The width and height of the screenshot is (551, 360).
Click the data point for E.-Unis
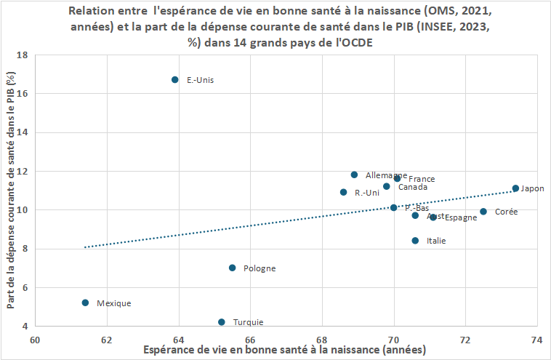click(x=175, y=79)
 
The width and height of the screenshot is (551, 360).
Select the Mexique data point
click(x=85, y=303)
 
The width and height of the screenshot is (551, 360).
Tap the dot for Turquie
click(x=222, y=321)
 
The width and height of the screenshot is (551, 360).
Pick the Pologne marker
click(x=233, y=268)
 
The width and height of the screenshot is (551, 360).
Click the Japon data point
click(x=515, y=188)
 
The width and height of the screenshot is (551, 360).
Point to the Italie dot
click(x=415, y=241)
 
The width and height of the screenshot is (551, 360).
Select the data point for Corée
click(x=483, y=212)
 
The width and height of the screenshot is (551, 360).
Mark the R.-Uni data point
click(x=344, y=192)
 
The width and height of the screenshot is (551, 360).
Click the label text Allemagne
click(x=386, y=175)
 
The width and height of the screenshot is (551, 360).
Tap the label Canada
click(x=412, y=187)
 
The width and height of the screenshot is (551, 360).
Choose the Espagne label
click(x=461, y=217)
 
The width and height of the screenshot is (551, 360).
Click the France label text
click(x=422, y=179)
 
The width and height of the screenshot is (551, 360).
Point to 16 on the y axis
click(x=23, y=94)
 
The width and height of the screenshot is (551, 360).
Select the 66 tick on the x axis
click(x=250, y=338)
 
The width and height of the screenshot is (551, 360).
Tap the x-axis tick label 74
click(x=537, y=338)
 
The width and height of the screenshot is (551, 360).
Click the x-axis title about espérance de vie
click(x=285, y=351)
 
